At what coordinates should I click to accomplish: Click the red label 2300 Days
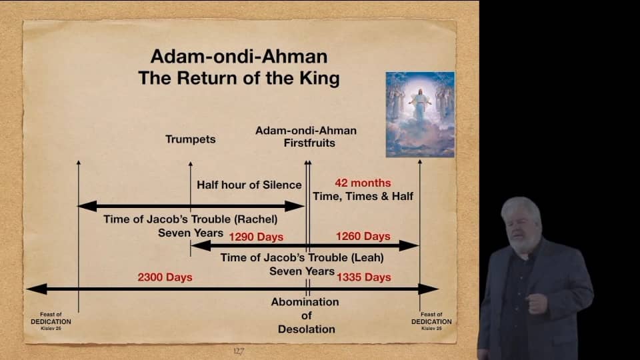tap(165, 277)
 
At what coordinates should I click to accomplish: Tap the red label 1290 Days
tap(256, 237)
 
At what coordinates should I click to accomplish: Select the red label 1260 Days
tap(363, 237)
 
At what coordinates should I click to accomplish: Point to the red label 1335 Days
tap(363, 277)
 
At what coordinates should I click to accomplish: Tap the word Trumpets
tap(191, 139)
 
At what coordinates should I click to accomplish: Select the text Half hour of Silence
tap(249, 185)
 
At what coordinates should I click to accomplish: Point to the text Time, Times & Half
tap(363, 196)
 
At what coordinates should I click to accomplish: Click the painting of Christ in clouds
tap(420, 114)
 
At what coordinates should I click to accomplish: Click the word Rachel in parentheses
tap(255, 219)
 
